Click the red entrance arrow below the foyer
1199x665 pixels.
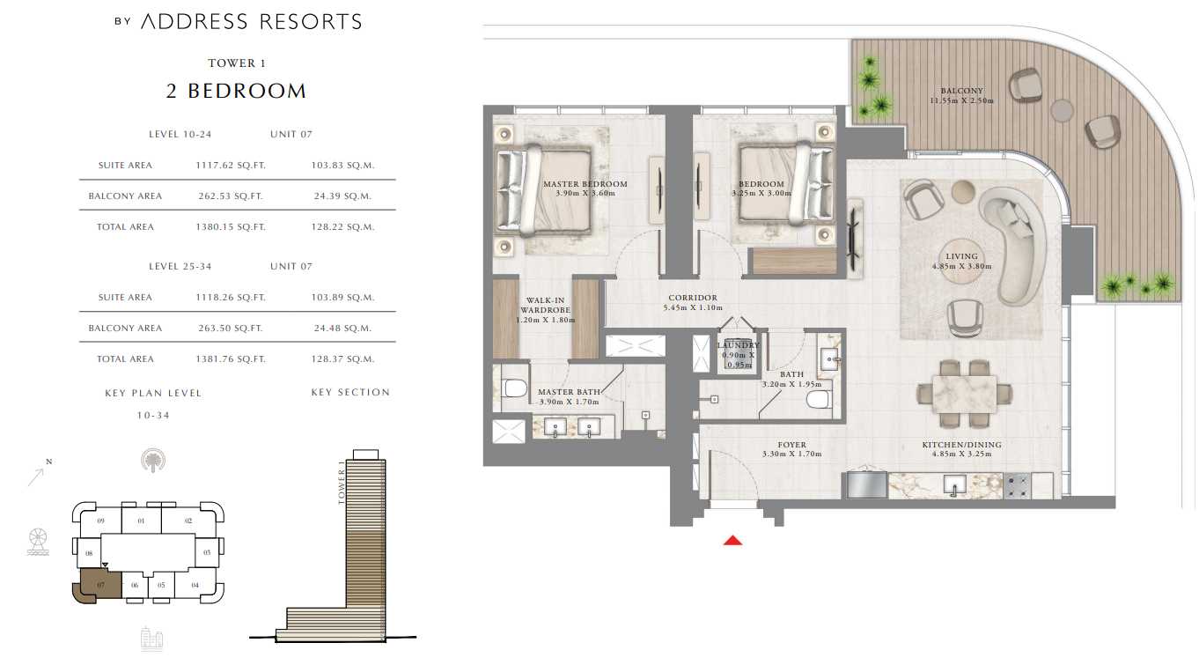(x=732, y=540)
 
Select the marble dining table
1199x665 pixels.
(x=964, y=394)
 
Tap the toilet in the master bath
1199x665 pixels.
(x=515, y=388)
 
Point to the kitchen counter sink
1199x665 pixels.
(x=954, y=485)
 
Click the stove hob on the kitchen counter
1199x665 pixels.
(x=1017, y=486)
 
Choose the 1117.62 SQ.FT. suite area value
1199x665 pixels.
(x=231, y=166)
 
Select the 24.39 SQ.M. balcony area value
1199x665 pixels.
(x=342, y=196)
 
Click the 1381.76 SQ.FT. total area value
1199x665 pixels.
(x=231, y=359)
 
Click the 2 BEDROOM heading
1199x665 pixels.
(x=236, y=91)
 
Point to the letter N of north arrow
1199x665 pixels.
(x=49, y=462)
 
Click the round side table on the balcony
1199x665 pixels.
(x=1062, y=110)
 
